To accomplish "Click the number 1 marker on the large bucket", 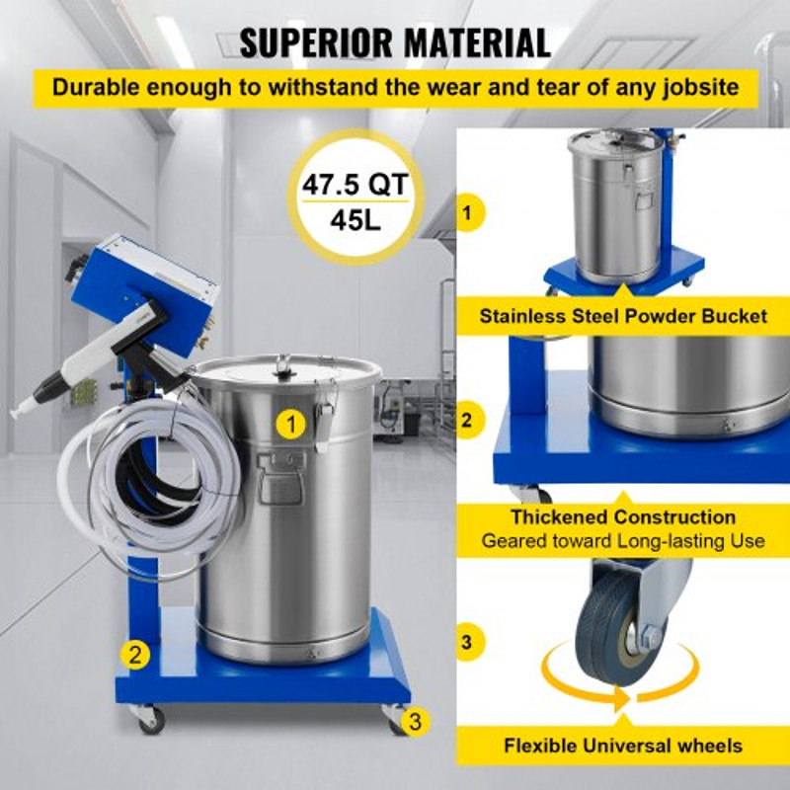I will [289, 424].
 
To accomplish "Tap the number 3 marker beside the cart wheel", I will [416, 721].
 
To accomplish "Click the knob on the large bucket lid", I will [283, 365].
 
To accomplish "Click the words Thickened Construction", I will [623, 516].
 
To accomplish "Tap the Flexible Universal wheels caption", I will [622, 746].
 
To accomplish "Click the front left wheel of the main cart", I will [151, 719].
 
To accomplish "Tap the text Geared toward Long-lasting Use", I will [623, 541].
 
